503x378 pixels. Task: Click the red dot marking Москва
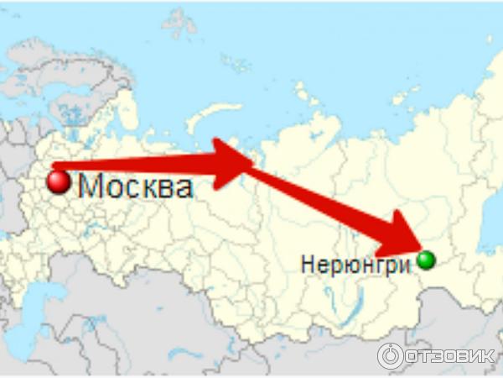58,182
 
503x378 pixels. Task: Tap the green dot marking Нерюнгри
427,260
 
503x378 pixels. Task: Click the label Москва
135,186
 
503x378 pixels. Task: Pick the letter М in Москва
90,186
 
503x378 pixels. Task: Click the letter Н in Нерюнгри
306,264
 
